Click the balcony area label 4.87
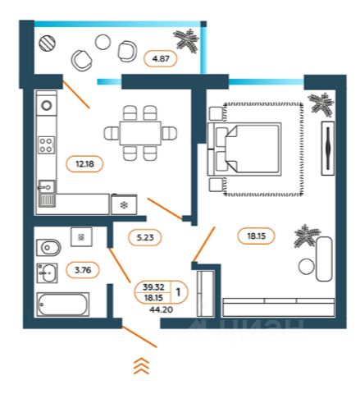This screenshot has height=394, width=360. pos(161,58)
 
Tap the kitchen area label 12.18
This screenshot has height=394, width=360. pos(84,164)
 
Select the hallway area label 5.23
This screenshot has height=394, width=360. pos(145,237)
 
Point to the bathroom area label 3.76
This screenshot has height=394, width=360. pos(83,270)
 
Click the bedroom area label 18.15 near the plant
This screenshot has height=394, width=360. pos(256,236)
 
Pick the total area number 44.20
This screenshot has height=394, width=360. pos(161,309)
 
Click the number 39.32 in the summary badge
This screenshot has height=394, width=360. pos(153,287)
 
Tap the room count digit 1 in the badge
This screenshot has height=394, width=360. pos(178,292)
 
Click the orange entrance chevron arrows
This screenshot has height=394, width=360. pos(141,366)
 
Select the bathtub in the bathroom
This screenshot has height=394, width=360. pos(63,305)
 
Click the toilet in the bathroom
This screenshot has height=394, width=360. pos(48,248)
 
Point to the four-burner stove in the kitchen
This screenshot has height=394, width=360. pos(46,145)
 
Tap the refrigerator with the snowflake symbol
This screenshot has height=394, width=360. pos(124,204)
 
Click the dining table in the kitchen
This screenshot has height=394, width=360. pos(140,133)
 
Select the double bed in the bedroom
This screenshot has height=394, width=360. pos(244,149)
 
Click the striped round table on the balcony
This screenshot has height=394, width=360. pos(48,44)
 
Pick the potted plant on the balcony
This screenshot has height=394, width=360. pos(187,41)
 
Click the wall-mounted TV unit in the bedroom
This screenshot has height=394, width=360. pos(328,148)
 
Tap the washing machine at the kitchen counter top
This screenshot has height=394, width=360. pos(47,105)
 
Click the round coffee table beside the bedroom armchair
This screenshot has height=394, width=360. pos(307,267)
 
